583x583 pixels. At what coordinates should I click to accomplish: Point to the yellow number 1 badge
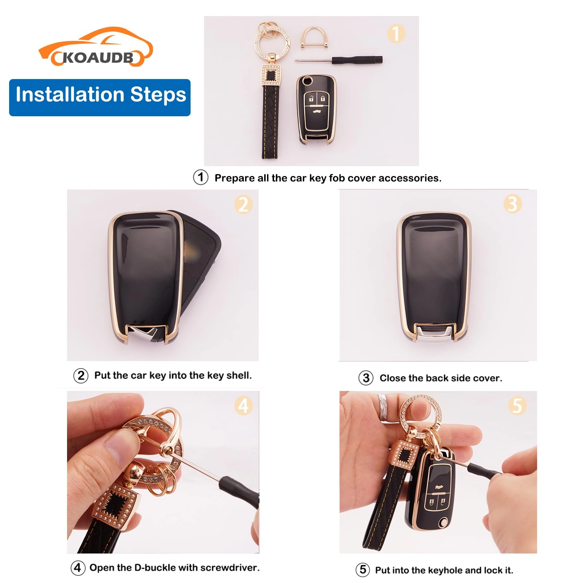tap(396, 34)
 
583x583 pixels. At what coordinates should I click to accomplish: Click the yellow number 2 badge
tap(243, 204)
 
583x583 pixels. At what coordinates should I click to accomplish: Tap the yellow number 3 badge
tap(512, 204)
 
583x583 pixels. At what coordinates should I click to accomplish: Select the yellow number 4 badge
tap(243, 406)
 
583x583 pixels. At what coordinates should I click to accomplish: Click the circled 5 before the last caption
tap(363, 570)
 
